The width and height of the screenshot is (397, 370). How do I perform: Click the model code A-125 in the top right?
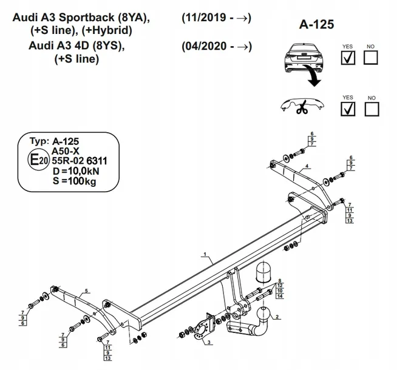(x=317, y=25)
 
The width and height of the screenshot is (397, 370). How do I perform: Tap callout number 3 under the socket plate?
(x=208, y=343)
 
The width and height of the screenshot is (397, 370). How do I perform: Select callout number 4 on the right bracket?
(x=307, y=166)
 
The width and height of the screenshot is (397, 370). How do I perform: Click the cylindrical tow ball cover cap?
(x=265, y=273)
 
